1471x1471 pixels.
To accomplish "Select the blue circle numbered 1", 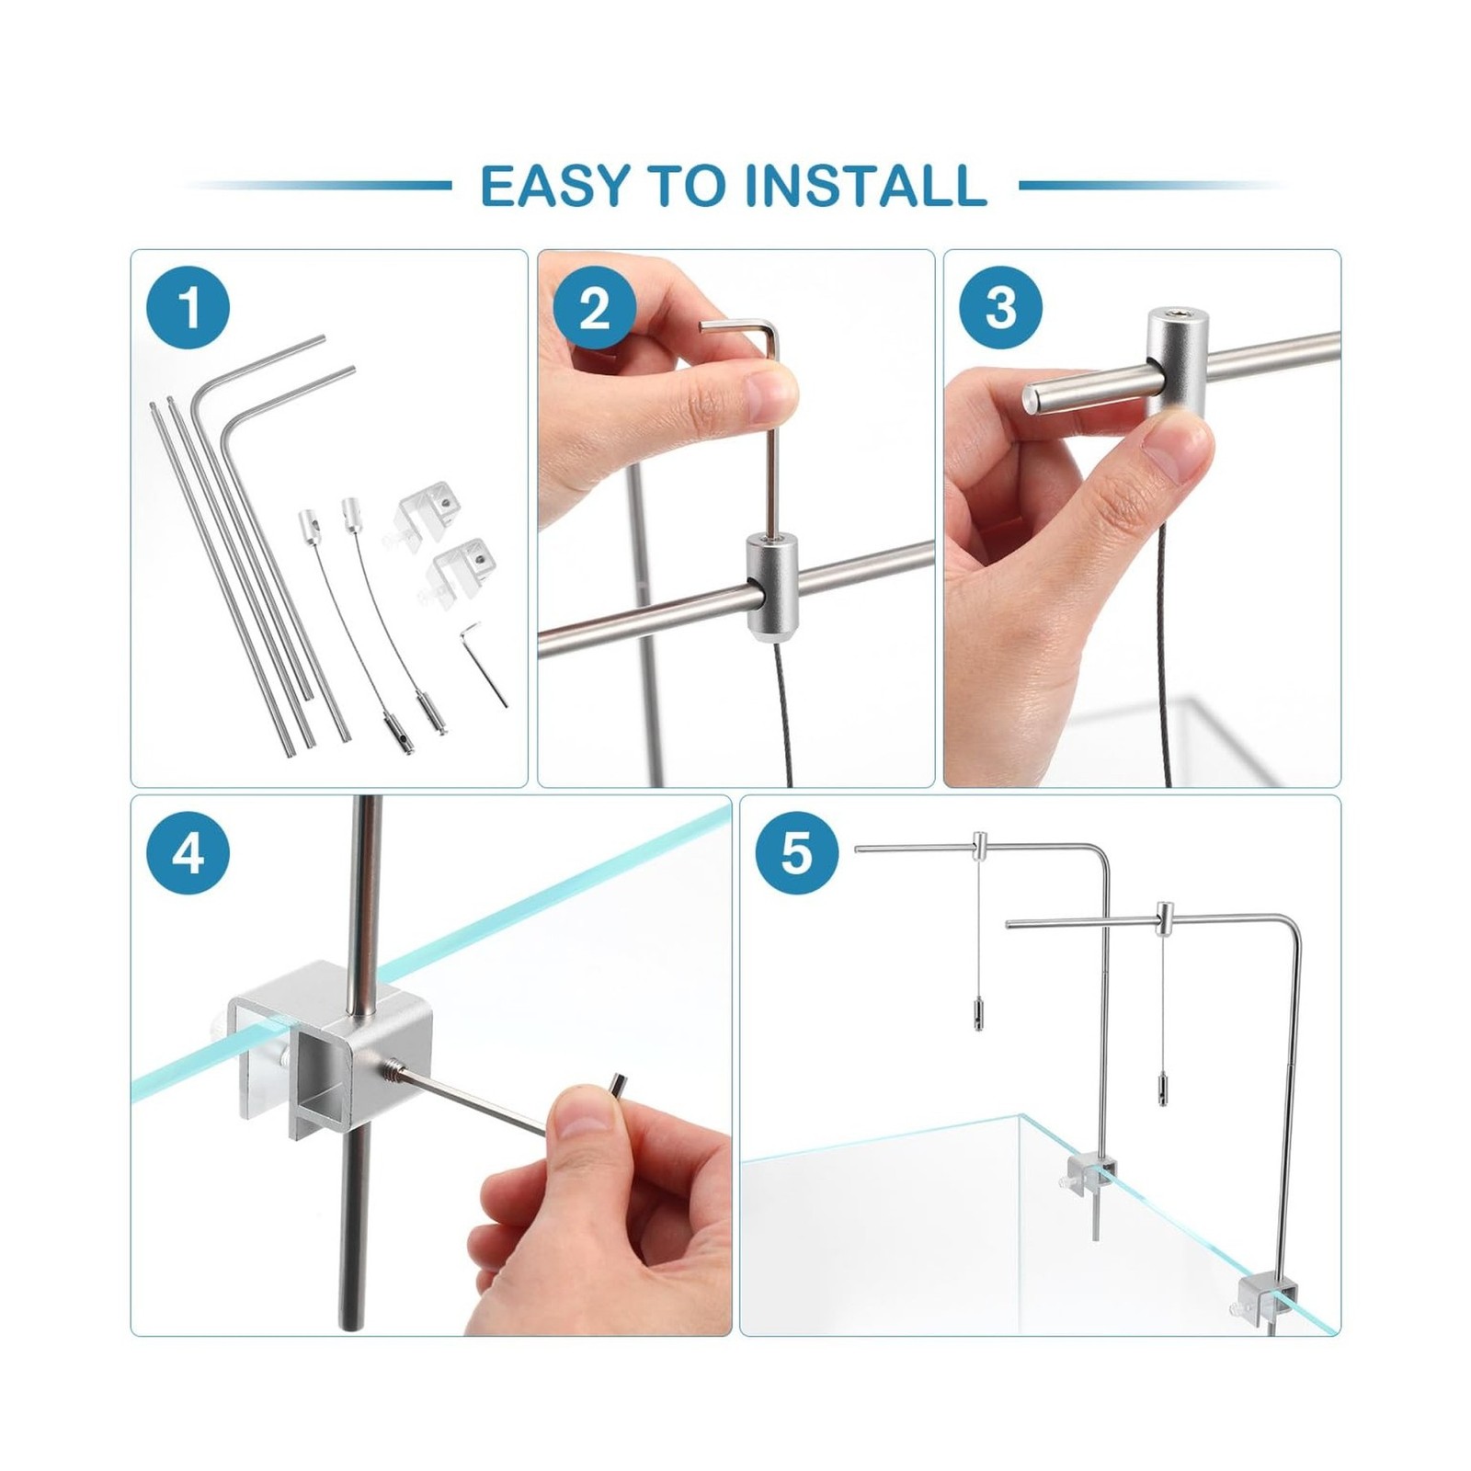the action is pos(188,307).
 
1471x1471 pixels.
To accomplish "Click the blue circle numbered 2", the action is pos(594,307).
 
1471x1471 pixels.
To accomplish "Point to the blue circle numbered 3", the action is pos(1000,307).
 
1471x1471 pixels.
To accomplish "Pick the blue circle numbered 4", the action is pos(188,854).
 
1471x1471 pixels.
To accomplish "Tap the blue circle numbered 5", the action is pos(796,854).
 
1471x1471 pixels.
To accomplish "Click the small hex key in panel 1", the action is pos(483,661).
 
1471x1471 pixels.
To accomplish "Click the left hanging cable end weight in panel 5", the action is pos(973,1018).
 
